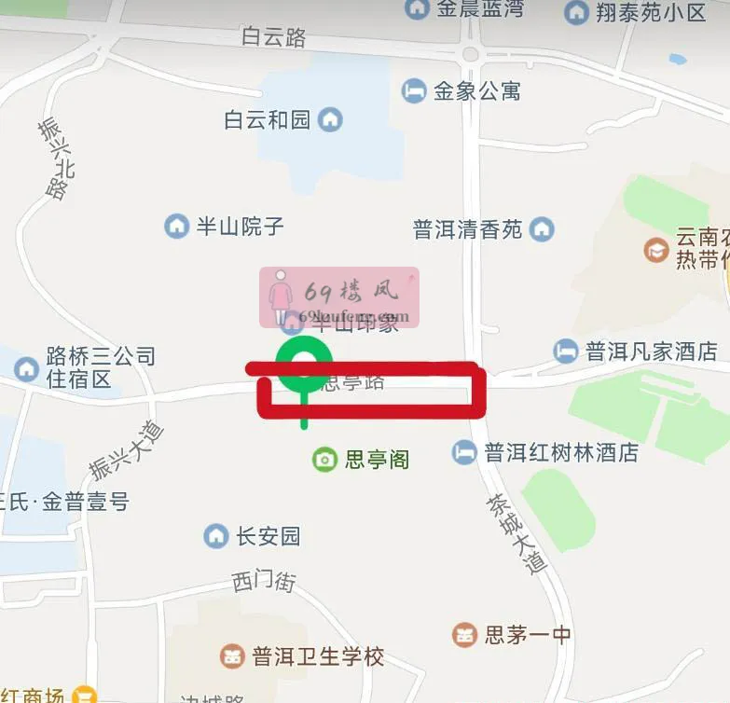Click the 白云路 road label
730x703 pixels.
pyautogui.click(x=273, y=37)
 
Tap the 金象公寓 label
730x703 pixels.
pyautogui.click(x=476, y=91)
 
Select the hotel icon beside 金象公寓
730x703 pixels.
pyautogui.click(x=413, y=90)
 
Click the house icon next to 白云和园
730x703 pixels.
pyautogui.click(x=330, y=119)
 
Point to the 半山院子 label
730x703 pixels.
pyautogui.click(x=240, y=227)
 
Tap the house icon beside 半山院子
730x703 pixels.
pyautogui.click(x=176, y=226)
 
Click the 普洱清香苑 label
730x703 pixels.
pyautogui.click(x=468, y=229)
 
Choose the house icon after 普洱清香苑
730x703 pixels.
pyautogui.click(x=542, y=228)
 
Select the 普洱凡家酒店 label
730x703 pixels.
pyautogui.click(x=651, y=351)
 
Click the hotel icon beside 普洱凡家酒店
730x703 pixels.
pyautogui.click(x=565, y=351)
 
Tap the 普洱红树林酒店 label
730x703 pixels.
pyautogui.click(x=561, y=453)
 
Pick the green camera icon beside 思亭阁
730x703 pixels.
pyautogui.click(x=324, y=459)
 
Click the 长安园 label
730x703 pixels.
pyautogui.click(x=268, y=536)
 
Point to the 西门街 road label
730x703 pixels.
pyautogui.click(x=264, y=582)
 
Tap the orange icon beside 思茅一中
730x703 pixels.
pyautogui.click(x=463, y=635)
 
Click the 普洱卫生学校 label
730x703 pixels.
pyautogui.click(x=318, y=656)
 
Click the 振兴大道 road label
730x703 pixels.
pyautogui.click(x=127, y=450)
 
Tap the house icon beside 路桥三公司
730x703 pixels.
pyautogui.click(x=26, y=368)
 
